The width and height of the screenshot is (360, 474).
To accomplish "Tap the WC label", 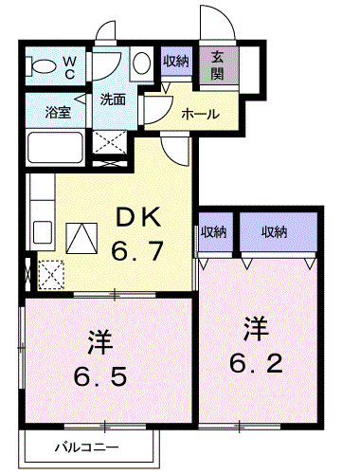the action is pyautogui.click(x=69, y=67).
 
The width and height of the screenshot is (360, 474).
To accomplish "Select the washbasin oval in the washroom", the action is pyautogui.click(x=141, y=63).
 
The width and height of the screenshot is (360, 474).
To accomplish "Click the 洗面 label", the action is pyautogui.click(x=113, y=100).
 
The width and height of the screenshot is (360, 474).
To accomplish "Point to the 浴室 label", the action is pyautogui.click(x=58, y=112).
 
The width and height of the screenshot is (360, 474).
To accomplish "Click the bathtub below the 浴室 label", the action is pyautogui.click(x=55, y=147).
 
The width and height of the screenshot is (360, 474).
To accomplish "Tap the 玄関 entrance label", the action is pyautogui.click(x=217, y=66).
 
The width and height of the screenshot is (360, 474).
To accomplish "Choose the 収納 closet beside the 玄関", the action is pyautogui.click(x=176, y=61).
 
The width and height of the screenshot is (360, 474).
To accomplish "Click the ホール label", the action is pyautogui.click(x=200, y=114).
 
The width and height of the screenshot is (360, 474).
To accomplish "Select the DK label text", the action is pyautogui.click(x=139, y=217).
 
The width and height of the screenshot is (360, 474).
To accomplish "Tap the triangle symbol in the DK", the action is pyautogui.click(x=81, y=238).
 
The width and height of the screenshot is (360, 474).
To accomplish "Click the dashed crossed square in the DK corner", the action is pyautogui.click(x=51, y=274).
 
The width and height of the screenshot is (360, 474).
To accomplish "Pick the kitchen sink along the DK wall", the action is pyautogui.click(x=43, y=232).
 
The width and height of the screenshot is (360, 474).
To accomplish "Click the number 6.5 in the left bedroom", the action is pyautogui.click(x=100, y=376).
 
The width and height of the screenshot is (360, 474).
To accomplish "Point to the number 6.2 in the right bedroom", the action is pyautogui.click(x=256, y=363).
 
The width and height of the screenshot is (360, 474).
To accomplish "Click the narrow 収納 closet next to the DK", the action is pyautogui.click(x=215, y=232).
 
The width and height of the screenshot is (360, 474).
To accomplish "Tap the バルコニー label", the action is pyautogui.click(x=87, y=447).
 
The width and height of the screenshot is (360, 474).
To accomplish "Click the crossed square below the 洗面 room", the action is pyautogui.click(x=110, y=141).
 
